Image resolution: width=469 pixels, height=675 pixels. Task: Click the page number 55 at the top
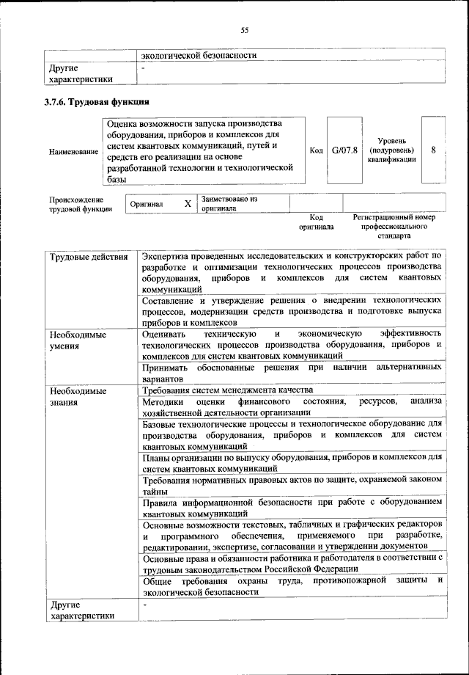pyautogui.click(x=245, y=30)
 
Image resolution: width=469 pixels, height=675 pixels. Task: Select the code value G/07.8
pyautogui.click(x=344, y=150)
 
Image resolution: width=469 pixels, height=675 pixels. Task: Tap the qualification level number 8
pyautogui.click(x=433, y=150)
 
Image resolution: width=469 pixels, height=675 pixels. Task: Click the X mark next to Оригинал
pyautogui.click(x=188, y=203)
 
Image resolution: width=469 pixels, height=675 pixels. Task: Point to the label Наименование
pyautogui.click(x=73, y=151)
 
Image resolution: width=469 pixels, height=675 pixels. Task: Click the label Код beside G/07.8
pyautogui.click(x=316, y=150)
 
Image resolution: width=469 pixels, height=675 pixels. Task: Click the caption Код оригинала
pyautogui.click(x=316, y=222)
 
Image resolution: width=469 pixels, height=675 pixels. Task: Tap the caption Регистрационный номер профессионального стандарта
pyautogui.click(x=394, y=227)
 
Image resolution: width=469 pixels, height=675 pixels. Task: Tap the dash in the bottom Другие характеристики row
pyautogui.click(x=145, y=605)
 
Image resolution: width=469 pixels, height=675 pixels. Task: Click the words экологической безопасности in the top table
pyautogui.click(x=199, y=54)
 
